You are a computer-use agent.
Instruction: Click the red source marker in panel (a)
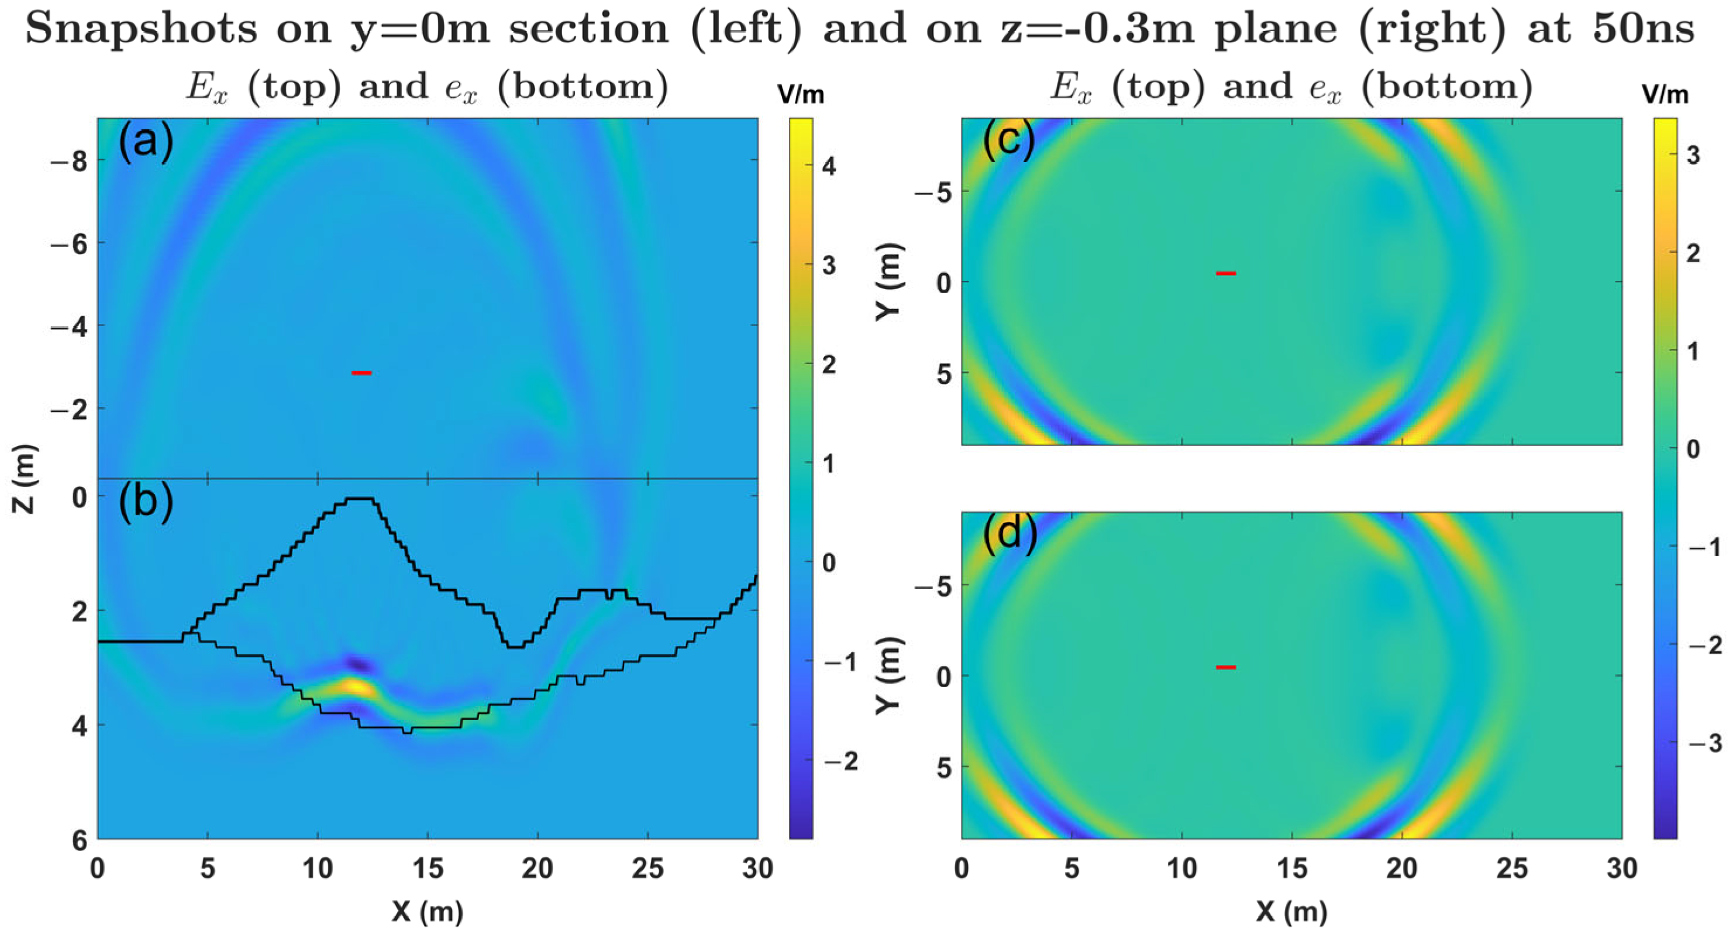tap(361, 372)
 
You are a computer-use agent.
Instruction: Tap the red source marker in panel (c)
tap(1226, 273)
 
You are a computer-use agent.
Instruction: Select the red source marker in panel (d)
tap(1226, 667)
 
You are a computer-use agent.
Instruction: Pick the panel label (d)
tap(1010, 534)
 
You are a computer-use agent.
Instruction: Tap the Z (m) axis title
tap(24, 479)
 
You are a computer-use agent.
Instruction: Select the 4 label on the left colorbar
tap(829, 166)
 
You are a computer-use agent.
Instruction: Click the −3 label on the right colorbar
tap(1705, 743)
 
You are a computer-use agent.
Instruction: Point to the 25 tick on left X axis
tap(647, 868)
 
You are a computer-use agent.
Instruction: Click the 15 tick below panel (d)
tap(1291, 868)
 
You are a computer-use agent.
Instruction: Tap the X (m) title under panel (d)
tap(1291, 912)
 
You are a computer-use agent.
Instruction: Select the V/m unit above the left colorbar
tap(801, 95)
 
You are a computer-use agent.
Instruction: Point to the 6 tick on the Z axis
tap(80, 840)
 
